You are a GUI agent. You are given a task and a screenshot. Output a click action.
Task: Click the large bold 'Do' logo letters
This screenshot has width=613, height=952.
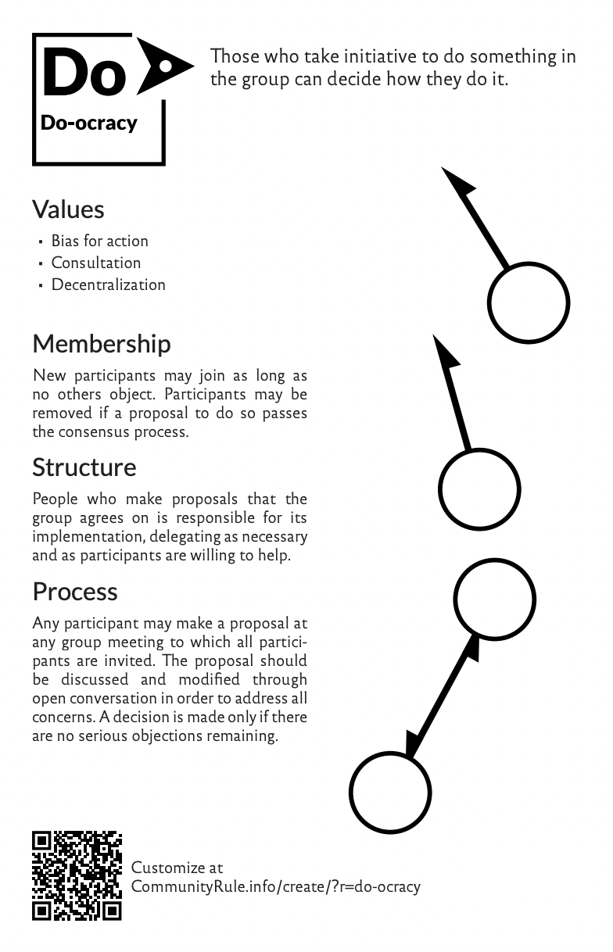(84, 71)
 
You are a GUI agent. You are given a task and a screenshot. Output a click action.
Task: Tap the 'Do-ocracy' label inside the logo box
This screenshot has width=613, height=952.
(89, 123)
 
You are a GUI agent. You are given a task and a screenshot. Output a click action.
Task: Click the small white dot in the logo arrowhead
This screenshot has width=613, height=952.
(166, 66)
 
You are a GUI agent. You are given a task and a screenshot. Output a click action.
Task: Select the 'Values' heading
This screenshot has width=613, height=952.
(68, 209)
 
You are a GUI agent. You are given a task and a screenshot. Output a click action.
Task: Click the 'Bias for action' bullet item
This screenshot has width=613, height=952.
(99, 241)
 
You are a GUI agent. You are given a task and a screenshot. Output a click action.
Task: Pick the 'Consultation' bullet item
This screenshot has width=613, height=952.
(96, 263)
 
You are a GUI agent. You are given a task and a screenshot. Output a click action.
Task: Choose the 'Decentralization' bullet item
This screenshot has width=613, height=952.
(109, 285)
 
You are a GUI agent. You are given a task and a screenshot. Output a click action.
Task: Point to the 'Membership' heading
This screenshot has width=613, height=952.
(102, 343)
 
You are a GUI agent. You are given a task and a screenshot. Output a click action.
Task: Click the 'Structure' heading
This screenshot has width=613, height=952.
(84, 467)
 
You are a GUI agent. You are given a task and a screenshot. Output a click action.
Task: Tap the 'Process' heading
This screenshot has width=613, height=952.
(75, 591)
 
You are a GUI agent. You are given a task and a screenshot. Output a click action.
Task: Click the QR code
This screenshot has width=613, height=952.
(77, 875)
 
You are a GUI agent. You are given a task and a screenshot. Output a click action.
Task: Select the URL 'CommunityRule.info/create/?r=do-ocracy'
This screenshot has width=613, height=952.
(275, 886)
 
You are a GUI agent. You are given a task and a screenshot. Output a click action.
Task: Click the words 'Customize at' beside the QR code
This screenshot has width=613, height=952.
(177, 867)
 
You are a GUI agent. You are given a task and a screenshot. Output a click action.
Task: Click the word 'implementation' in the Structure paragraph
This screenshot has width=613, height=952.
(88, 537)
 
